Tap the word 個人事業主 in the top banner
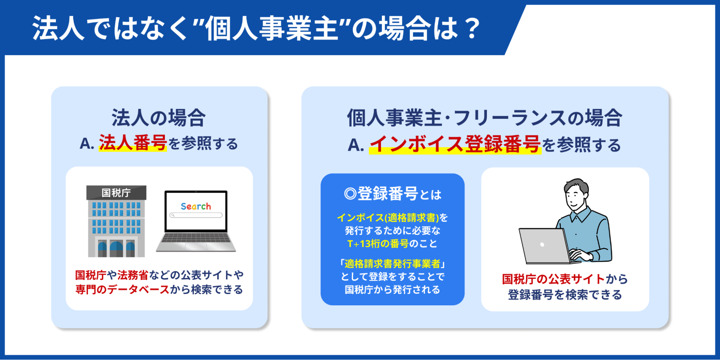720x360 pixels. [x=272, y=28]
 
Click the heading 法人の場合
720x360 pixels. [x=158, y=118]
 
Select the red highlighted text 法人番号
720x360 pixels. [x=133, y=143]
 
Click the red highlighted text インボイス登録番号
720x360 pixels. [x=455, y=144]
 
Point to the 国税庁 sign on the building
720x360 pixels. [x=116, y=193]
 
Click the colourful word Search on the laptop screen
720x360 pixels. [x=196, y=206]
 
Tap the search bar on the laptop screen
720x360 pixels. [x=196, y=215]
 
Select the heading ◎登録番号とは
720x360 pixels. [x=393, y=194]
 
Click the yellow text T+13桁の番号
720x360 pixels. [x=378, y=244]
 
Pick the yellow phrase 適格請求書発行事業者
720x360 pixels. [x=393, y=264]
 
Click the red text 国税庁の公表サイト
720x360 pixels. [x=553, y=279]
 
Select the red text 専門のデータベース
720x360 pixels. [x=122, y=289]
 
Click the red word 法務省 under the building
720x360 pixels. [x=133, y=275]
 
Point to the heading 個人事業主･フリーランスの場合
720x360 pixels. [x=484, y=118]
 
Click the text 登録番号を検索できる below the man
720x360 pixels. [x=565, y=295]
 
